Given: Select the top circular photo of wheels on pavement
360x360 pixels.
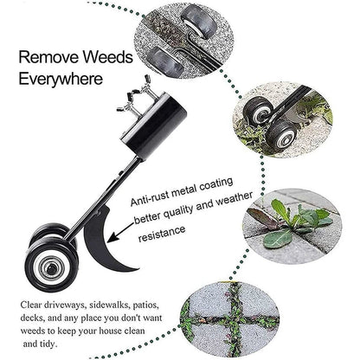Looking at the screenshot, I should point(182,43).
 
